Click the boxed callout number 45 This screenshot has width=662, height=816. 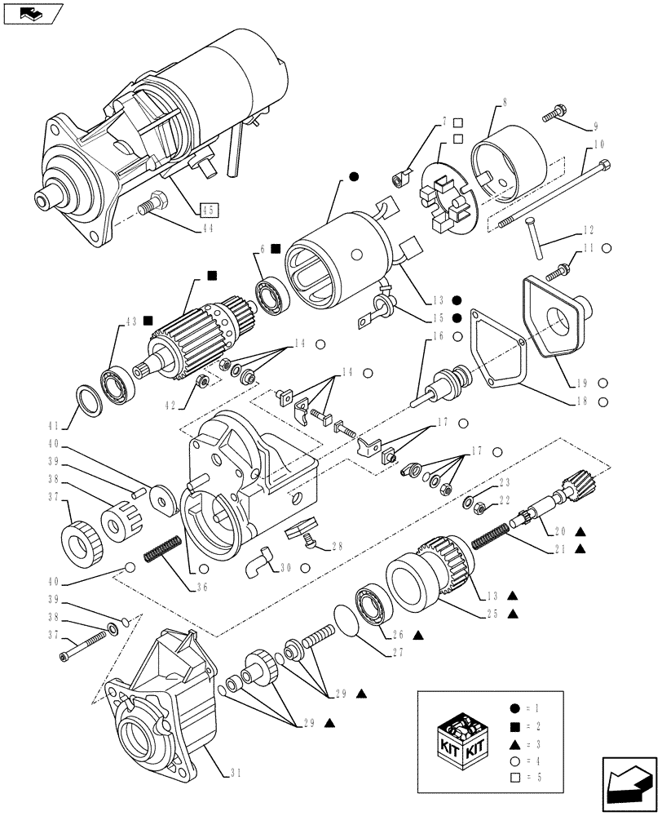[x=209, y=209]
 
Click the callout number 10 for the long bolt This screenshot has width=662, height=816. [x=599, y=144]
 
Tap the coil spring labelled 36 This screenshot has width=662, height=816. [x=162, y=548]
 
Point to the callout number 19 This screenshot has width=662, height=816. [x=579, y=383]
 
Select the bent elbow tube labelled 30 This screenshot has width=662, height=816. [x=262, y=561]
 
